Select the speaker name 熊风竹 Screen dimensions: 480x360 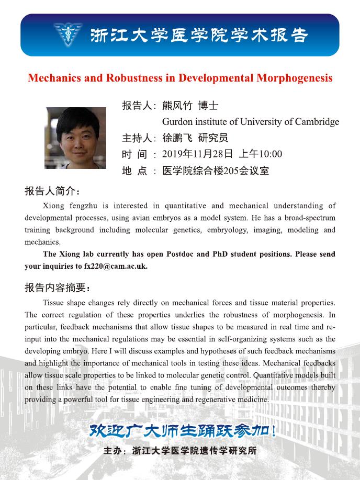point(177,106)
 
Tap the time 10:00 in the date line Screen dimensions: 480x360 point(271,154)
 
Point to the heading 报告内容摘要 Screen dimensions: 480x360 point(58,288)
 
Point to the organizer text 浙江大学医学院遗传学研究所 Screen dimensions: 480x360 point(195,451)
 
